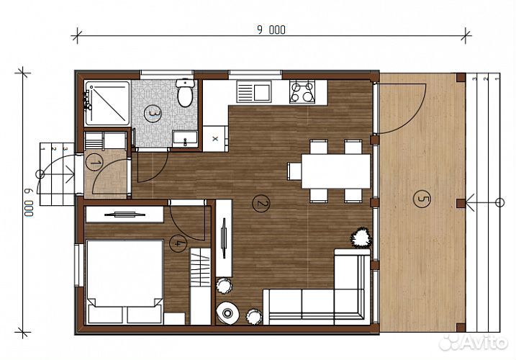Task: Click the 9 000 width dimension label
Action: (271, 30)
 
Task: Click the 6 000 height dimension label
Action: (29, 202)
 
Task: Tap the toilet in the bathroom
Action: (185, 92)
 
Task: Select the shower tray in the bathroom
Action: (107, 104)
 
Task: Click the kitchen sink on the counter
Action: (254, 91)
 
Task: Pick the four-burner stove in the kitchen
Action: (302, 92)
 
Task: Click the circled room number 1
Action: (94, 163)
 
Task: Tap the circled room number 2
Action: (261, 204)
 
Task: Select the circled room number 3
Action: (153, 114)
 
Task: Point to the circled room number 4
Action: (178, 244)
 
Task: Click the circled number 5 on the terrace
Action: (422, 199)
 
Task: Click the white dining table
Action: (336, 171)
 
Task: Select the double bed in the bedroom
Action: (125, 282)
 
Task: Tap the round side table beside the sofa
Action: (227, 312)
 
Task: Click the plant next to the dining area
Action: (361, 237)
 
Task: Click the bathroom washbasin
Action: (185, 139)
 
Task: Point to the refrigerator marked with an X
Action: (215, 139)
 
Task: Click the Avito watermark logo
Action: (474, 343)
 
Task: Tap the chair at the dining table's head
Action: (294, 171)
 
